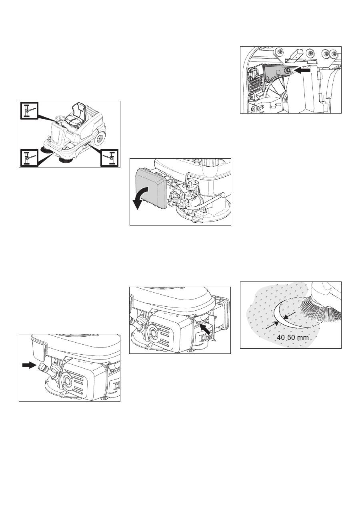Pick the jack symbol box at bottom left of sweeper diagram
(x=29, y=158)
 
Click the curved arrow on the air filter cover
(x=140, y=197)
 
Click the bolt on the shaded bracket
(x=287, y=71)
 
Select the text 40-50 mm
(x=293, y=337)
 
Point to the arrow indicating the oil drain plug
(x=29, y=365)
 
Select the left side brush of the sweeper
(x=46, y=149)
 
